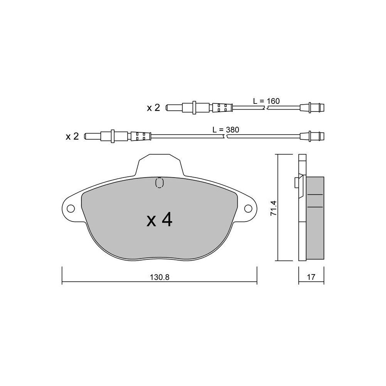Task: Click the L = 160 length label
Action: click(266, 101)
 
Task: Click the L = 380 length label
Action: click(226, 129)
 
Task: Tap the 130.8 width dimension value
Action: click(159, 277)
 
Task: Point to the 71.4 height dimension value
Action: click(274, 208)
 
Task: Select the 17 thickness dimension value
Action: click(311, 277)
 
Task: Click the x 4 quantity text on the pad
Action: click(159, 220)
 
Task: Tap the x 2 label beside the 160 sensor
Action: click(153, 108)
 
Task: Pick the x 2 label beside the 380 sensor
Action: click(72, 136)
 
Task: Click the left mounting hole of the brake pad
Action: click(71, 208)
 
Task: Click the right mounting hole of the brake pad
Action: click(248, 208)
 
